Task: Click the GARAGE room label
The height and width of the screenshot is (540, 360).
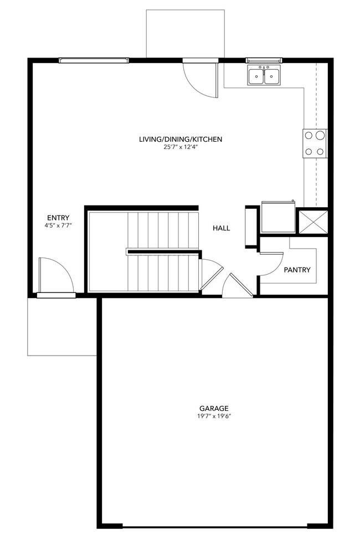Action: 215,408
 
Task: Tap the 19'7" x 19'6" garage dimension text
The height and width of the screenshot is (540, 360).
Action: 215,416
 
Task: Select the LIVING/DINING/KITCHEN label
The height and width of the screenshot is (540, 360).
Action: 181,139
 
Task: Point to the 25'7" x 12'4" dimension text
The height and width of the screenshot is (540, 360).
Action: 181,147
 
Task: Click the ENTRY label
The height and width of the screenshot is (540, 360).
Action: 58,218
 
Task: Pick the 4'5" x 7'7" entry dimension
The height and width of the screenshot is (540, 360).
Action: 58,225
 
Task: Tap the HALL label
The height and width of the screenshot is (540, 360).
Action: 221,228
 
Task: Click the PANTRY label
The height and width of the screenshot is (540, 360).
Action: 297,270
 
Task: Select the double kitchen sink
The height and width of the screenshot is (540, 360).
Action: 264,75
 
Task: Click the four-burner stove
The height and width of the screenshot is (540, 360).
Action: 315,143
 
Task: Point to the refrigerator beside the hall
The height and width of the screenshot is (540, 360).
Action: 279,218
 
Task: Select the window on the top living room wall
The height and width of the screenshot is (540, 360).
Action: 94,60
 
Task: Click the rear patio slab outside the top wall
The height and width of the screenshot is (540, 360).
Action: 185,33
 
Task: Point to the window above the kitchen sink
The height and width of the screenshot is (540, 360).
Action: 264,60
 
